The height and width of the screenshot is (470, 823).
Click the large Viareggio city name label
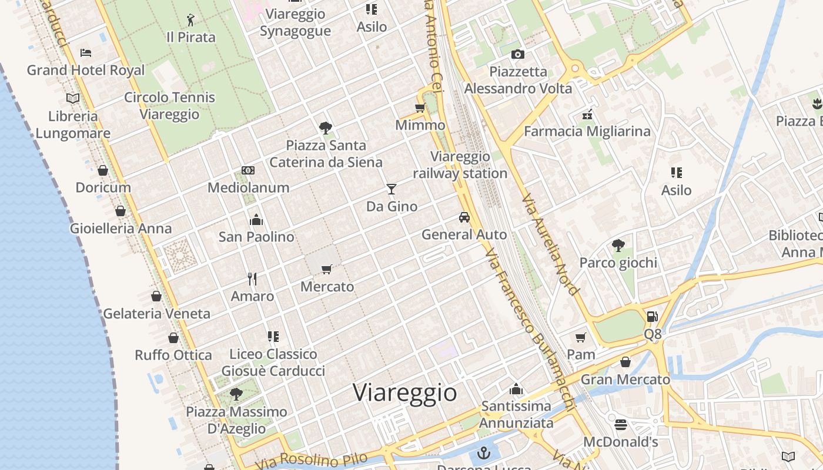coord(405,392)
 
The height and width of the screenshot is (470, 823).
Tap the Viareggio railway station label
coord(460,165)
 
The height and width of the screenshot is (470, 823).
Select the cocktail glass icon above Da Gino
coord(392,189)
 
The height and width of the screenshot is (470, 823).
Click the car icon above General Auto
coord(464,217)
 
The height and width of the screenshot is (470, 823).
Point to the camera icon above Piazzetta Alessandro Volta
coord(517,55)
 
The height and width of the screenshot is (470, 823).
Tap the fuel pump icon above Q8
coord(652,316)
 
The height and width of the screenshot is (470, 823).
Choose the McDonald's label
coord(621,441)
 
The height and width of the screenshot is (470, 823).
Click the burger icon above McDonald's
coord(621,424)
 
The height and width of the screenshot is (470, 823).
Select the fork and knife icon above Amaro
coord(252,278)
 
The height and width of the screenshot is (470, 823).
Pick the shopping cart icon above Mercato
coord(327,269)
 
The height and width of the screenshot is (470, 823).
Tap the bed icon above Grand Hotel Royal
coord(86,53)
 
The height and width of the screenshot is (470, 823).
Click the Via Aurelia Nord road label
coord(550,244)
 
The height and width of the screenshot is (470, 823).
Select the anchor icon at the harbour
coord(483,453)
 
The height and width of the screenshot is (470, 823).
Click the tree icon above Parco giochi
coord(618,245)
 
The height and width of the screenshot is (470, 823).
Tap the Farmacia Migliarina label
coord(587,131)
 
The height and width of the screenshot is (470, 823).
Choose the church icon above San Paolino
coord(256,220)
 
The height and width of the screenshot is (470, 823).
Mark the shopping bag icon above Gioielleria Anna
coord(121,211)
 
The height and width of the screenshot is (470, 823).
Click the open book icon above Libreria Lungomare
coord(73,98)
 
